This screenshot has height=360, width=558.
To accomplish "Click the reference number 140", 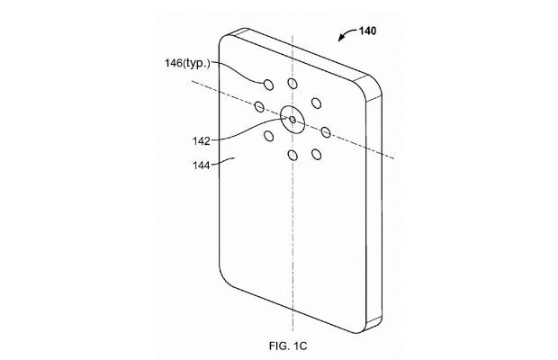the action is point(367,31).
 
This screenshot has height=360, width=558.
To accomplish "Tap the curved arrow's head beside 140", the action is point(340,39).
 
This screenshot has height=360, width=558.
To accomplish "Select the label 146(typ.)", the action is point(187,64).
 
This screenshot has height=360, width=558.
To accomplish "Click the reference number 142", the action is point(202,141).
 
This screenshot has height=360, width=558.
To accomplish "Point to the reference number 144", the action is point(202,166).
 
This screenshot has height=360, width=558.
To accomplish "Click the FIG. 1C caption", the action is point(288,346).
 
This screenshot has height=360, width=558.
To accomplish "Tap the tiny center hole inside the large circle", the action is point(292,120).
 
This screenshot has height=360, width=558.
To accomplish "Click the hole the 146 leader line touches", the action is point(269,85).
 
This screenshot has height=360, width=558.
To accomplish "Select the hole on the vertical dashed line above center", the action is point(292,84).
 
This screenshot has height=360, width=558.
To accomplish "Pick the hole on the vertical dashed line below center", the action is point(292,155).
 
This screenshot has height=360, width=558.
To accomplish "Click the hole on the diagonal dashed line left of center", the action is point(259,106).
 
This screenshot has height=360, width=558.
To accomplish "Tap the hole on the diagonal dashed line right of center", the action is point(326,132).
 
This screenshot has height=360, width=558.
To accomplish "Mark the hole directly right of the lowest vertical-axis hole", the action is point(316,155).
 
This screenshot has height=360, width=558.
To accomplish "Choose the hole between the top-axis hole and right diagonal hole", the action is point(316,103).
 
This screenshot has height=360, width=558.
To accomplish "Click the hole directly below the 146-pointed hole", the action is point(269,136).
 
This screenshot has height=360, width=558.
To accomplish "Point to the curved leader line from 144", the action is point(222,161).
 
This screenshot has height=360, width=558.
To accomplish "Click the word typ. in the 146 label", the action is point(197,65).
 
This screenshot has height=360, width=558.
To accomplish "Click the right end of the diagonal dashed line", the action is point(393,158).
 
